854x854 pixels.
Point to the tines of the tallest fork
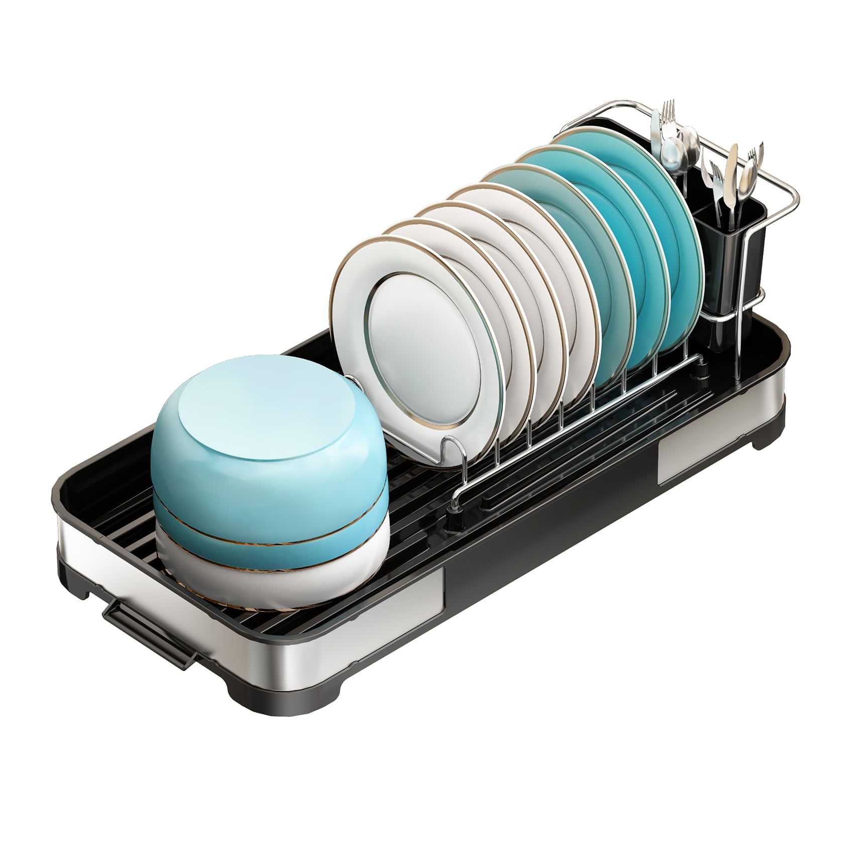tap(668, 113)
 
